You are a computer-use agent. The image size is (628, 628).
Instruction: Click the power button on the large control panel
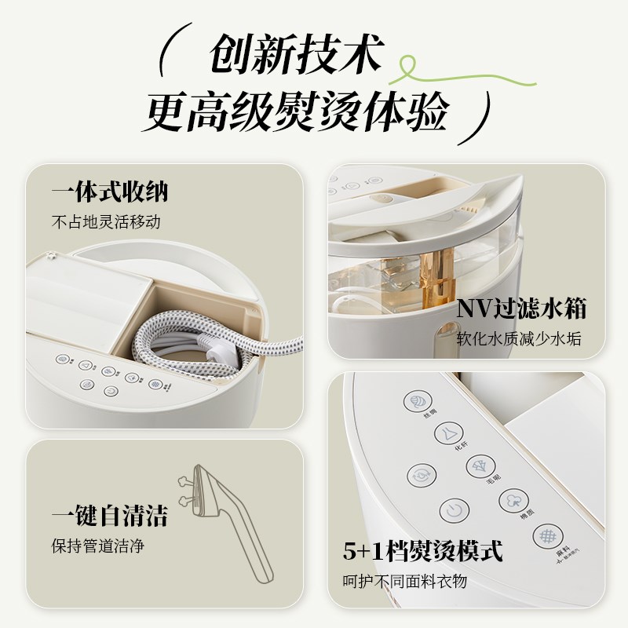(x=451, y=509)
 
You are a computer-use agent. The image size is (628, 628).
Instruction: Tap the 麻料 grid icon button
(x=545, y=536)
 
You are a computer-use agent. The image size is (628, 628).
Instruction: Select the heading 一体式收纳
(x=110, y=192)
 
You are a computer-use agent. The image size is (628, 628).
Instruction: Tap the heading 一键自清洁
(x=109, y=516)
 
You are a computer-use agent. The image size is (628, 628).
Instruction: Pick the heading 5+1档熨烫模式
(x=422, y=550)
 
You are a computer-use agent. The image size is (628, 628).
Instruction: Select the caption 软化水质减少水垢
(x=521, y=340)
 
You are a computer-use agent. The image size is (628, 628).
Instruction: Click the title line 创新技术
(x=294, y=57)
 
